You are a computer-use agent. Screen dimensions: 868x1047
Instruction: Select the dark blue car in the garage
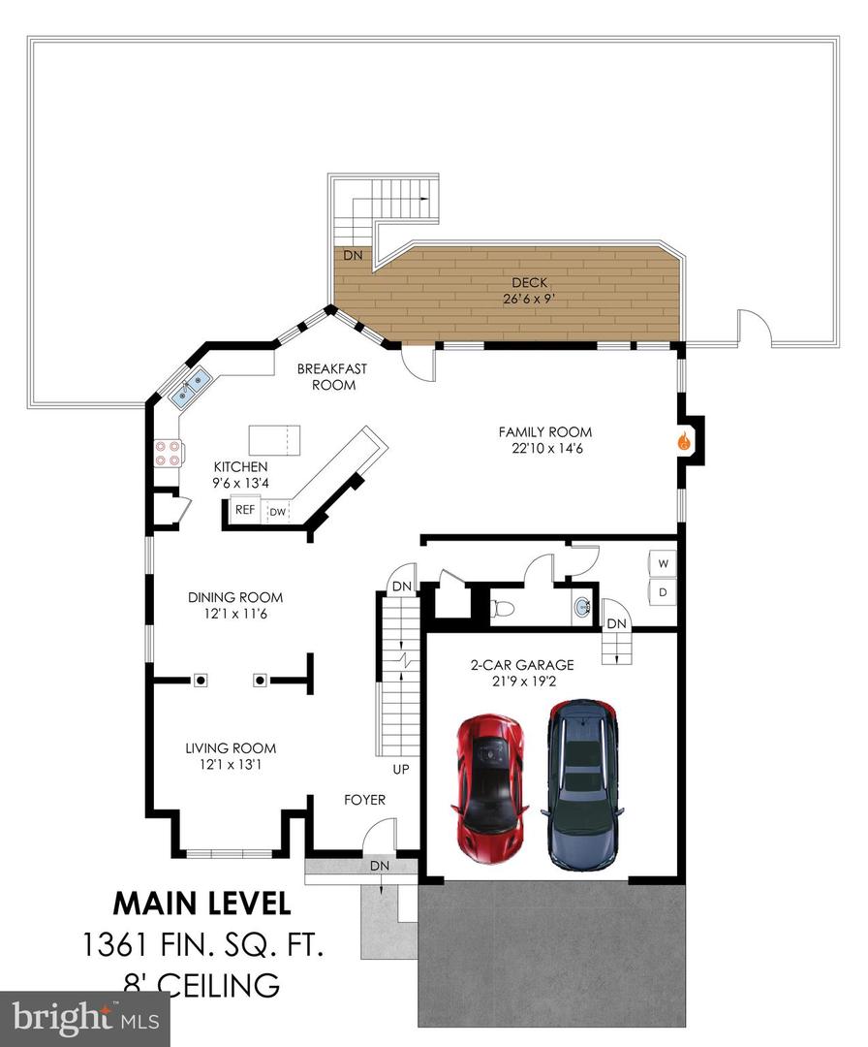(582, 785)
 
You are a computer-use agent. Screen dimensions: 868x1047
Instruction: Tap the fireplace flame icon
(683, 441)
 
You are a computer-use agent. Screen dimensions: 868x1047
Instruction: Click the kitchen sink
(190, 387)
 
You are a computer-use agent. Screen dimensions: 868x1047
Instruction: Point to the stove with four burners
(167, 453)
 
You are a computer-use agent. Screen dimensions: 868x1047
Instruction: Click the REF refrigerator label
(245, 510)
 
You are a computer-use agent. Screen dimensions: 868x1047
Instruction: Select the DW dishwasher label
(277, 512)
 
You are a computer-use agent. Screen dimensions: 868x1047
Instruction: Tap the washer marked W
(663, 563)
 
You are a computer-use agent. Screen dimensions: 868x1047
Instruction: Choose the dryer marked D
(663, 591)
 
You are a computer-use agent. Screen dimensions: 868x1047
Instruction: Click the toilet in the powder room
(503, 608)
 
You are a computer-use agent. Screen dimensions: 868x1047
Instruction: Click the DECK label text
(529, 282)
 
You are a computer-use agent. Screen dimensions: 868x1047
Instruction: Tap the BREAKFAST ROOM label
(332, 376)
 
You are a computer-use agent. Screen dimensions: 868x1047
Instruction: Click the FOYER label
(364, 799)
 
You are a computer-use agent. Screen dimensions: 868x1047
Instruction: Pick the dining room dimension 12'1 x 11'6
(235, 614)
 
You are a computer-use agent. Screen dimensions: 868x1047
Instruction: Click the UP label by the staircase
(401, 769)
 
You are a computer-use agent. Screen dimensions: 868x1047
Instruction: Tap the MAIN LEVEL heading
(202, 904)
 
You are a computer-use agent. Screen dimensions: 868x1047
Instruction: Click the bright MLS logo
(84, 1019)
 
